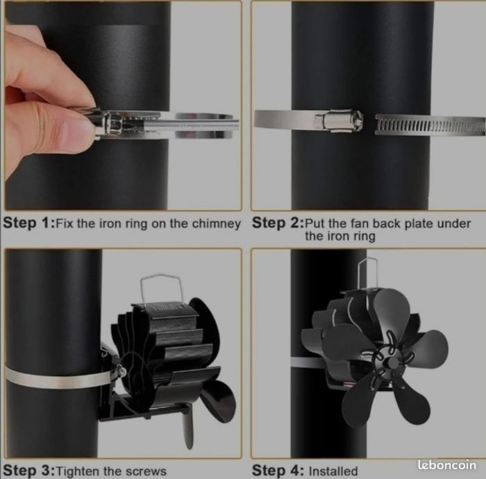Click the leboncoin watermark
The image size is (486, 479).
coord(446,464)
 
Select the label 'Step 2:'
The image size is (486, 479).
coord(278,223)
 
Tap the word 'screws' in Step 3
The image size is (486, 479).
coord(146,471)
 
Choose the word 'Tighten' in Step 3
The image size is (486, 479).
coord(78,471)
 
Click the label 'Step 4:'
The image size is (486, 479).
coord(278,471)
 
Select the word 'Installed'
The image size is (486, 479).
coord(333,471)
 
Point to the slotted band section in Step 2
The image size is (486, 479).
coord(430,124)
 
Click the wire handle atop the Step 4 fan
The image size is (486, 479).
coord(367,274)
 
